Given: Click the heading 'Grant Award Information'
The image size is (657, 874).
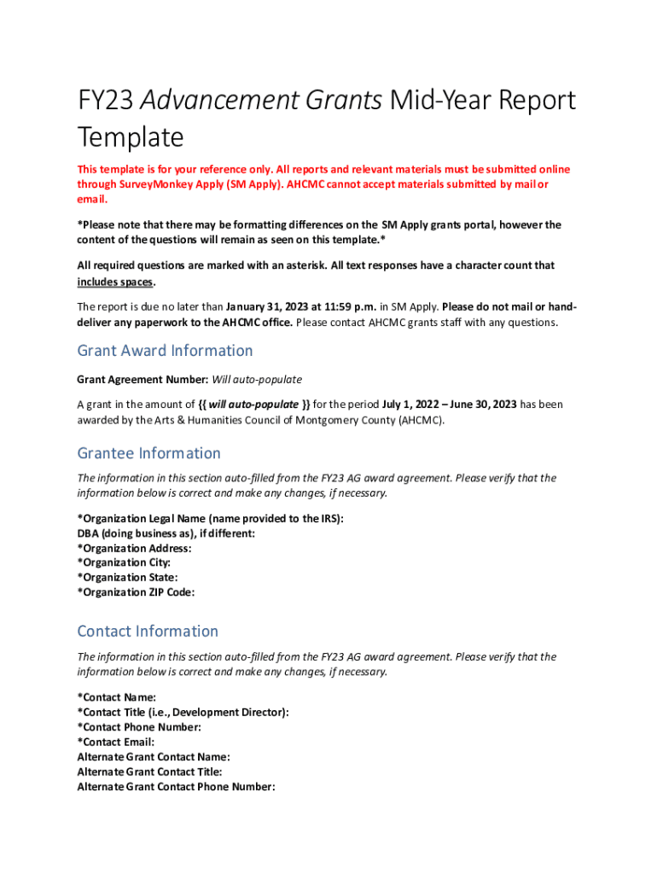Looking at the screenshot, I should tap(165, 351).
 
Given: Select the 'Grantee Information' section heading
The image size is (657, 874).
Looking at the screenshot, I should tap(148, 453).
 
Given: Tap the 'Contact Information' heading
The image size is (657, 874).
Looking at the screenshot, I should tap(148, 632).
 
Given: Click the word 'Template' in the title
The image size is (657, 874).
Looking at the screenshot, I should tap(131, 137).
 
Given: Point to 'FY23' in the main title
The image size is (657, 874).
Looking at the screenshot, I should tap(104, 101).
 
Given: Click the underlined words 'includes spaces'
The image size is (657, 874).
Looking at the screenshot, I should tap(115, 282).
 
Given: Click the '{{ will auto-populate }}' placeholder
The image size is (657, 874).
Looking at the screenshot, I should tap(253, 405).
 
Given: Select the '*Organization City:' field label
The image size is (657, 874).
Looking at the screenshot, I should tap(124, 562).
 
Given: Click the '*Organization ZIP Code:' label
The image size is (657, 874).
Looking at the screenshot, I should tap(136, 592).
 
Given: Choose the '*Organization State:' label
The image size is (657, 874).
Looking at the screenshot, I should tap(127, 578).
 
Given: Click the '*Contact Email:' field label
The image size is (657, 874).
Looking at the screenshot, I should tap(116, 743).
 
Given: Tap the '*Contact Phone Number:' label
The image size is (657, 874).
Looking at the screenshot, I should tap(139, 727).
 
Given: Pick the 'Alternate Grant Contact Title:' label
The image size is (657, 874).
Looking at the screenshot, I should tap(149, 772).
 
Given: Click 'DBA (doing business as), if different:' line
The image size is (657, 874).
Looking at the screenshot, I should tap(166, 533).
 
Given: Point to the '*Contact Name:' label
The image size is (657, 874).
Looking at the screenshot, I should tap(116, 697).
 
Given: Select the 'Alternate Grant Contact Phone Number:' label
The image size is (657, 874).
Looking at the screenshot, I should tap(176, 787).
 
